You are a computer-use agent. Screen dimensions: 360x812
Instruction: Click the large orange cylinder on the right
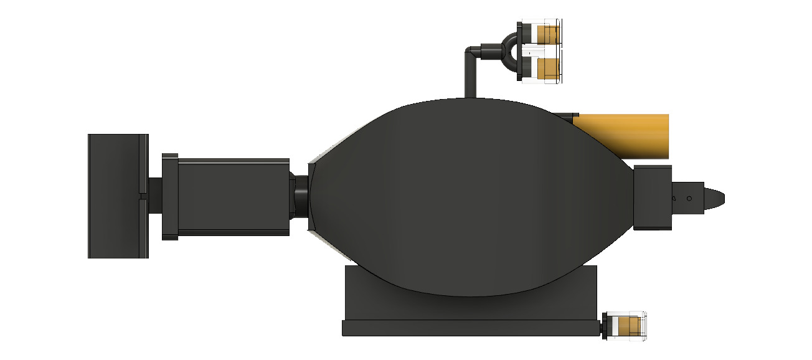tap(629, 136)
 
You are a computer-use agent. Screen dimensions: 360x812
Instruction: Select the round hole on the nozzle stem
tap(689, 199)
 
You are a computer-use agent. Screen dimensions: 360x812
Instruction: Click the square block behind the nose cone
tap(653, 197)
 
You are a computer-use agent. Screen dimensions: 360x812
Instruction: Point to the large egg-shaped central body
tap(467, 199)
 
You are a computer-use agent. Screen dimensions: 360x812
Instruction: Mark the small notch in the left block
tap(143, 196)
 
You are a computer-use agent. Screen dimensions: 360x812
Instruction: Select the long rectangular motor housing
tap(234, 196)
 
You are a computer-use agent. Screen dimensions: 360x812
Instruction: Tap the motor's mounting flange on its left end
tap(170, 196)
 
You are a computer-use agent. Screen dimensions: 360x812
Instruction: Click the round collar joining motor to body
tap(301, 196)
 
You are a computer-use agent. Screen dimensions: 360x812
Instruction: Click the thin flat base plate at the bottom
tap(470, 328)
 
